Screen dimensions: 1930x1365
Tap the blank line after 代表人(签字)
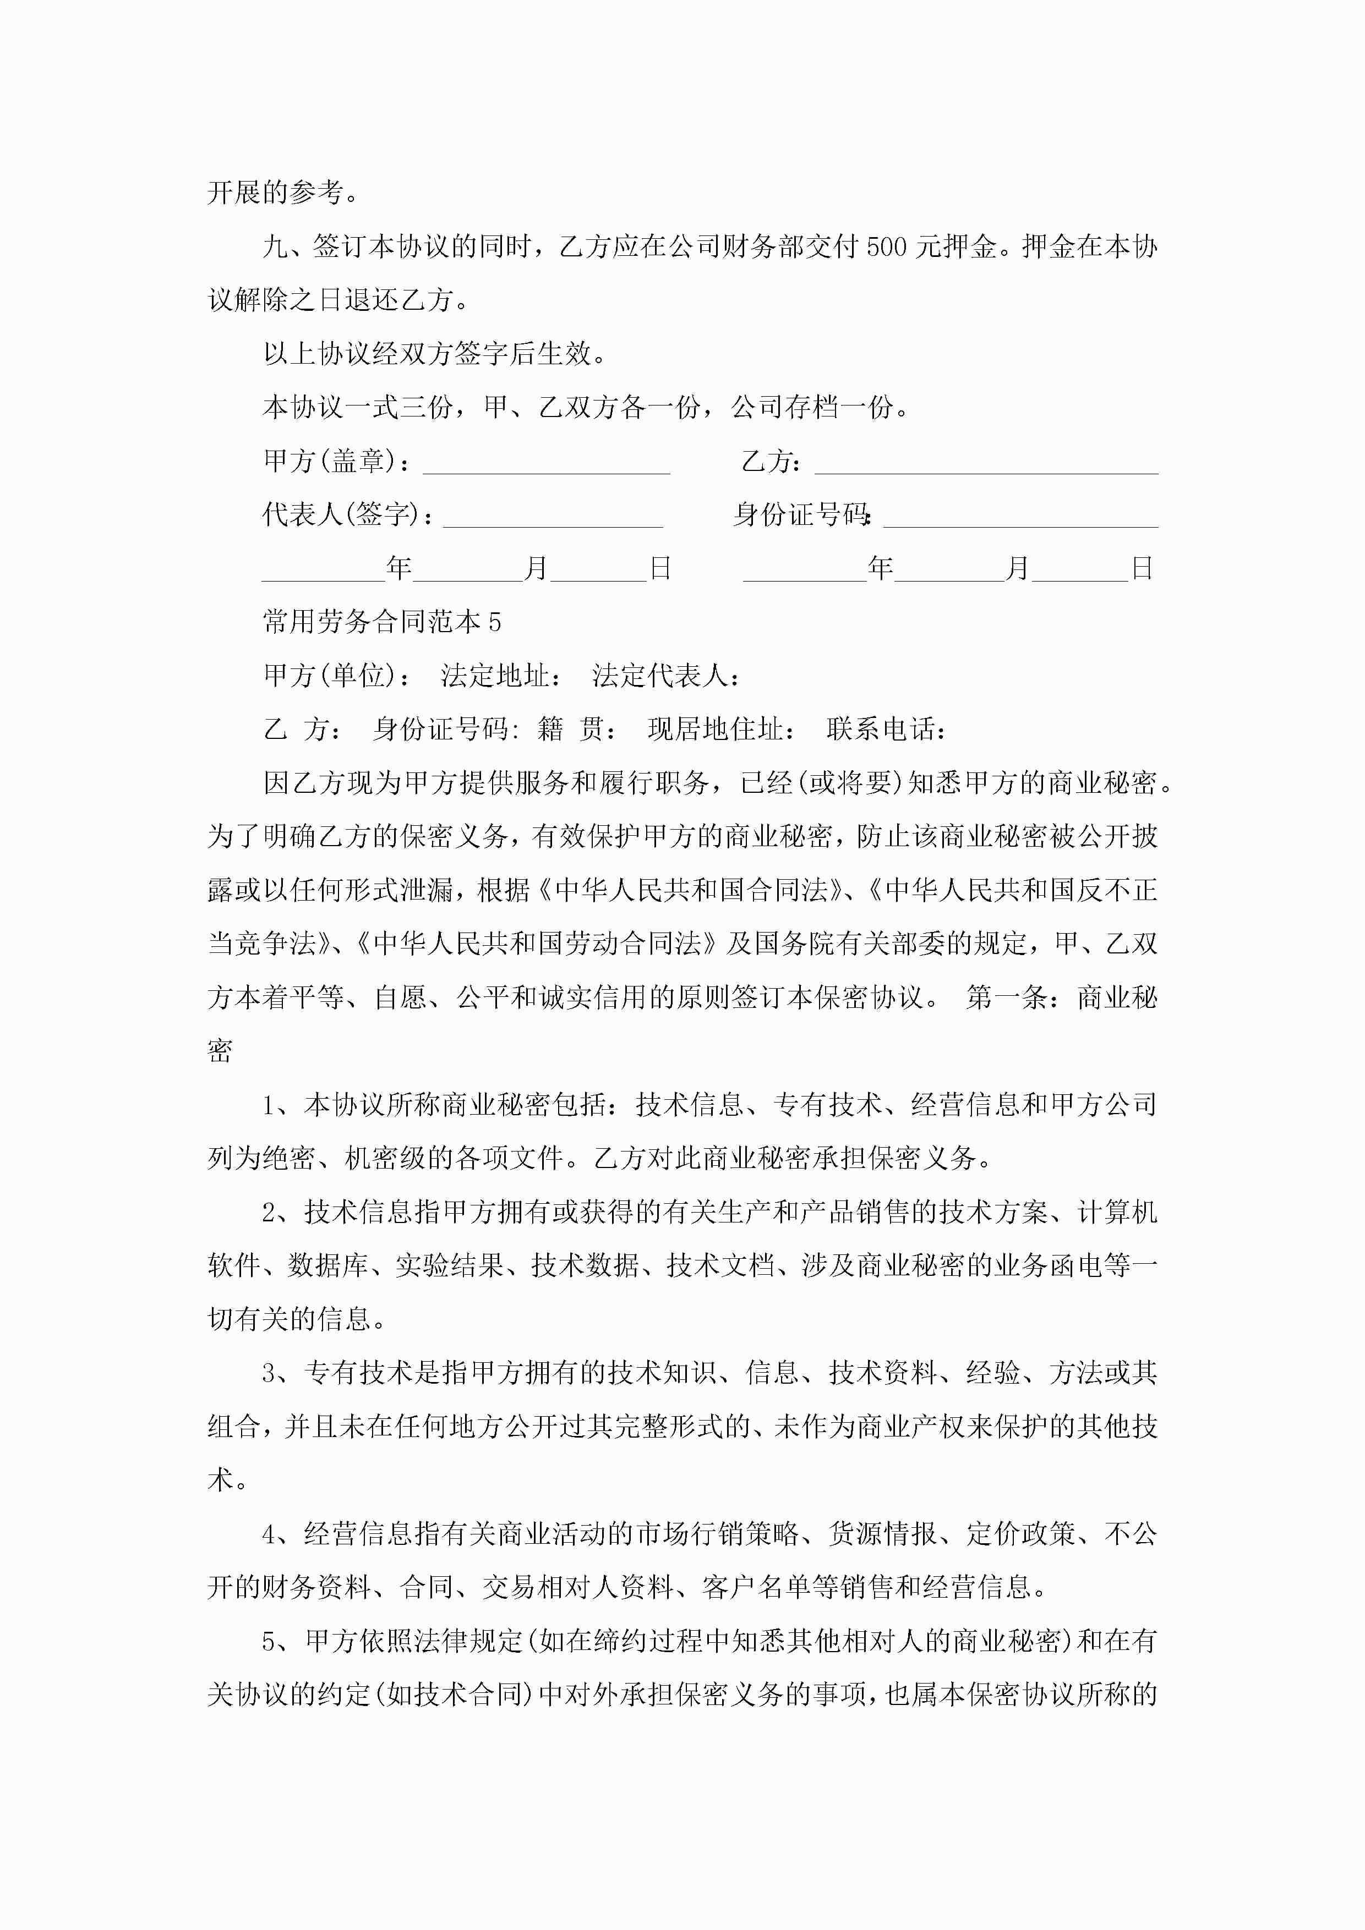tap(553, 518)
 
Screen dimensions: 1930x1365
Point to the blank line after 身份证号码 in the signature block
tap(1020, 518)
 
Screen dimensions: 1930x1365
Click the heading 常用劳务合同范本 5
tap(382, 622)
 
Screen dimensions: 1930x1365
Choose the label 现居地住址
tap(721, 730)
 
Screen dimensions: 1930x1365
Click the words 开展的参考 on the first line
tap(274, 193)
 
